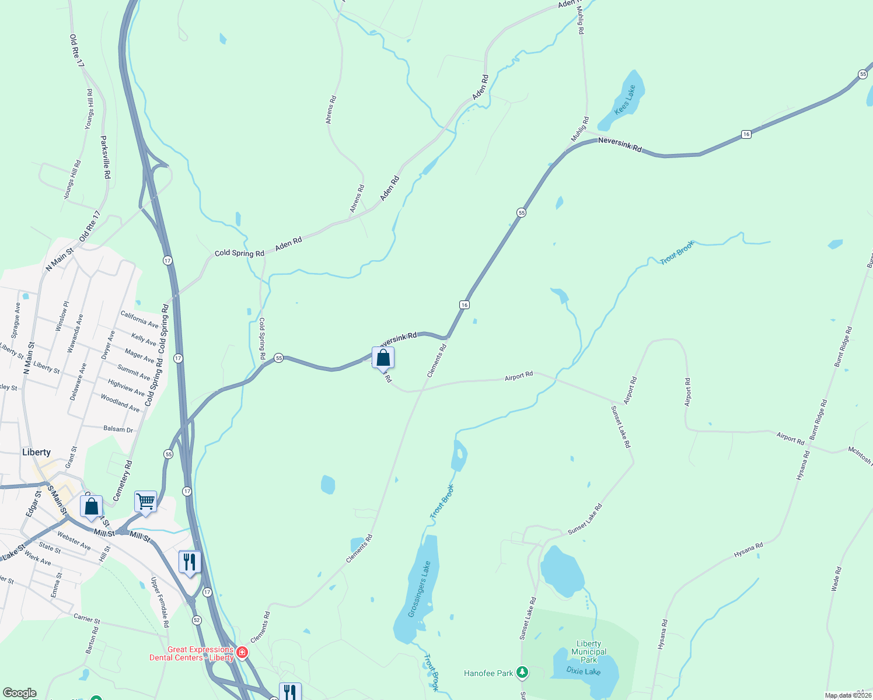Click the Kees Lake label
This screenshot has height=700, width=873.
click(x=624, y=100)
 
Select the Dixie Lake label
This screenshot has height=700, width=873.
click(x=583, y=671)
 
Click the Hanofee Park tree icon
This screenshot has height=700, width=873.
click(x=522, y=673)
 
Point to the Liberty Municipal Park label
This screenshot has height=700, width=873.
click(x=589, y=652)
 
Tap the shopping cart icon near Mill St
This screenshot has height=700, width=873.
click(x=145, y=501)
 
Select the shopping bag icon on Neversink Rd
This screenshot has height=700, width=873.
click(x=383, y=358)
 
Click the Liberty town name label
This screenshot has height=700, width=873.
click(x=36, y=452)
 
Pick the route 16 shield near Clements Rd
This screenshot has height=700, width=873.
click(x=464, y=304)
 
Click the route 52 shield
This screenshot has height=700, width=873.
click(x=196, y=619)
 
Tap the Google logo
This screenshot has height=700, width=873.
click(x=19, y=693)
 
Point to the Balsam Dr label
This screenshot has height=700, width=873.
click(x=118, y=429)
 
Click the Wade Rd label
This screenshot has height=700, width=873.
click(x=836, y=579)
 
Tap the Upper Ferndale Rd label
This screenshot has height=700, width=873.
click(x=160, y=602)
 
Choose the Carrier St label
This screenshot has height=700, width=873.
click(x=87, y=618)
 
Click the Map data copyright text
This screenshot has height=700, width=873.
click(x=847, y=695)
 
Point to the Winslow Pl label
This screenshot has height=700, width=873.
click(x=62, y=317)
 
